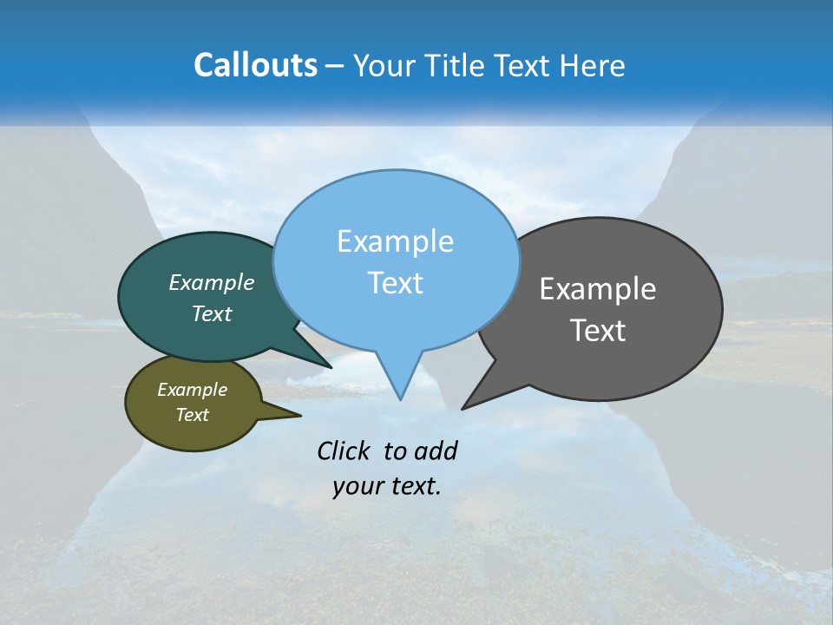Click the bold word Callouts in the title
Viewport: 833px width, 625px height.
[x=255, y=65]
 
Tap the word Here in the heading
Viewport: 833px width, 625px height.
[x=592, y=65]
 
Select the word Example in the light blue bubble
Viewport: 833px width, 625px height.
[x=395, y=241]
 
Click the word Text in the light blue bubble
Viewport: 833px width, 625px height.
[x=395, y=283]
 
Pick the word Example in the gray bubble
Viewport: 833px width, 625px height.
[x=598, y=289]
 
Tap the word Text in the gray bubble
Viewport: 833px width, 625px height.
[x=598, y=331]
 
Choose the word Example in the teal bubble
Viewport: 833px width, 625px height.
[x=212, y=282]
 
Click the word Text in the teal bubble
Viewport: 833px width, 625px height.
[x=212, y=313]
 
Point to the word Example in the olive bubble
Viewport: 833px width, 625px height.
[x=192, y=390]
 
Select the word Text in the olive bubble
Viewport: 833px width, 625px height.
[x=192, y=415]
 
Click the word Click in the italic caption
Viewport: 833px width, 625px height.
[x=344, y=451]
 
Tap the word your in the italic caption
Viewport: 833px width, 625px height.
[x=356, y=486]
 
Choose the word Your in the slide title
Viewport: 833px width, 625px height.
[x=378, y=65]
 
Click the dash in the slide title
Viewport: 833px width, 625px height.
[x=336, y=65]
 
